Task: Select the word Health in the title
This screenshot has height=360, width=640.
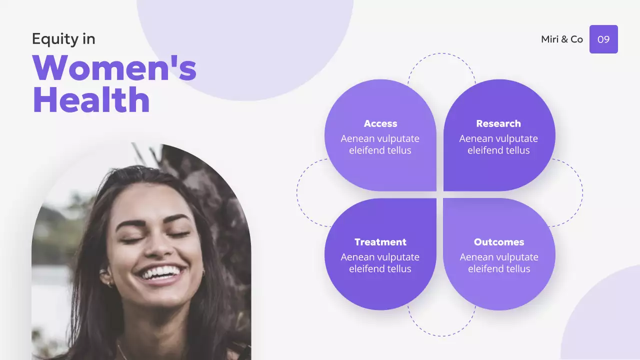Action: pyautogui.click(x=91, y=99)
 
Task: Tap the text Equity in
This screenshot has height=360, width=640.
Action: pyautogui.click(x=63, y=39)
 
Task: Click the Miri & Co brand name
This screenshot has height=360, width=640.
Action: pyautogui.click(x=562, y=39)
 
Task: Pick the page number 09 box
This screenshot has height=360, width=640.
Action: pyautogui.click(x=603, y=39)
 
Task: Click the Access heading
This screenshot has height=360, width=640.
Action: pyautogui.click(x=380, y=123)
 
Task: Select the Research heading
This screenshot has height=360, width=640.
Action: pyautogui.click(x=498, y=123)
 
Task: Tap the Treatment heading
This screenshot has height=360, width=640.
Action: pyautogui.click(x=380, y=242)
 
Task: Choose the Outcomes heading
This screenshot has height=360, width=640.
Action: pyautogui.click(x=499, y=242)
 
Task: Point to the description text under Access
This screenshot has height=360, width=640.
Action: pyautogui.click(x=380, y=144)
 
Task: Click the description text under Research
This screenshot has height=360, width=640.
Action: pyautogui.click(x=498, y=144)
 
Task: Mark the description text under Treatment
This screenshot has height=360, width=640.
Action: pyautogui.click(x=380, y=263)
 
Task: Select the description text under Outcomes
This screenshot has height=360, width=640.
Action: pyautogui.click(x=499, y=263)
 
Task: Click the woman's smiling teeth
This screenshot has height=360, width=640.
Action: pyautogui.click(x=160, y=273)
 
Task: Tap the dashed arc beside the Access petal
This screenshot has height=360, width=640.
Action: pyautogui.click(x=298, y=192)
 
